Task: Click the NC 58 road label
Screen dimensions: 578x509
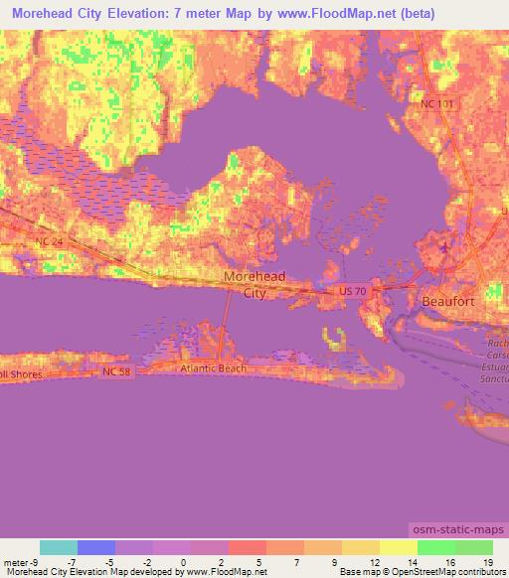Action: tap(115, 371)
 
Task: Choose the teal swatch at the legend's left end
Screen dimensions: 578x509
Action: tap(59, 546)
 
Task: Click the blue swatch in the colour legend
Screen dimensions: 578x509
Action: tap(95, 546)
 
